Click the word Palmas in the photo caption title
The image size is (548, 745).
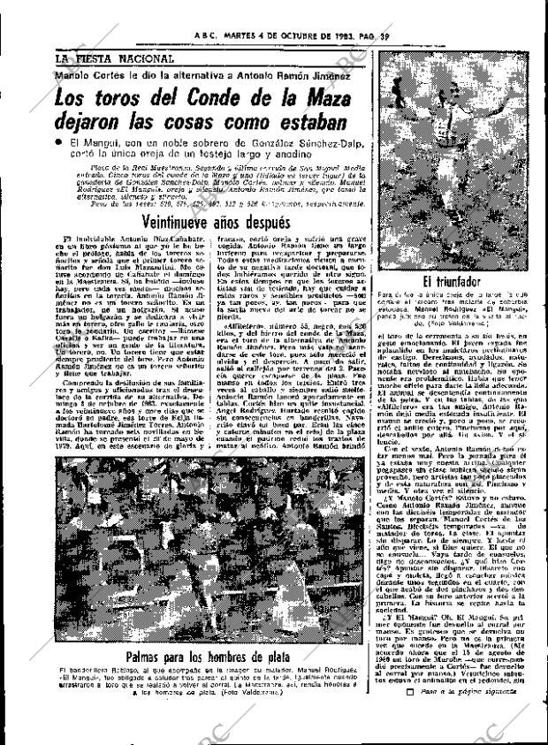(x=148, y=659)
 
